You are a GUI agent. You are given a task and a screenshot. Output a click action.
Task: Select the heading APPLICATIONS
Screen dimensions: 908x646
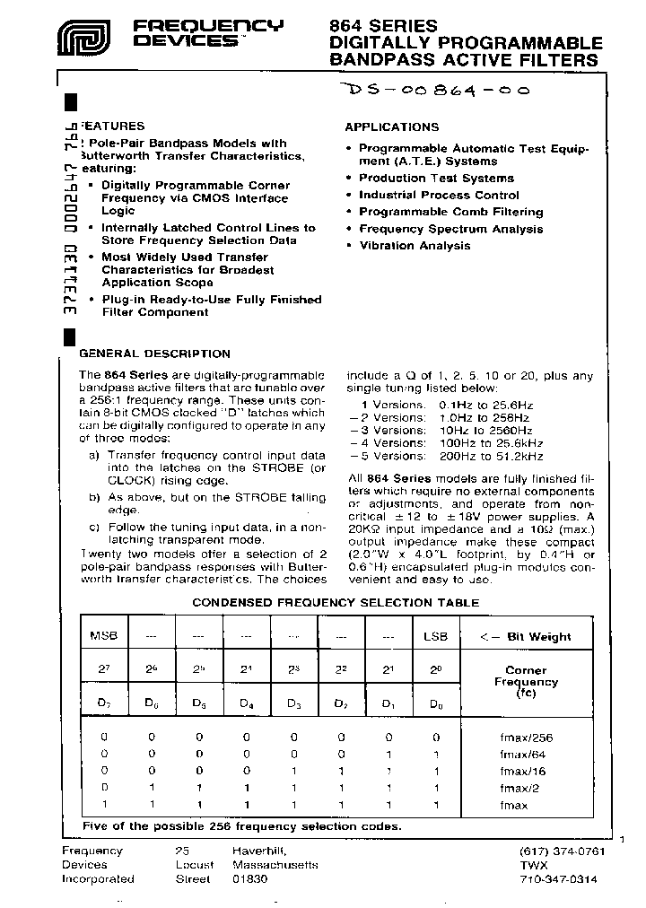pyautogui.click(x=391, y=127)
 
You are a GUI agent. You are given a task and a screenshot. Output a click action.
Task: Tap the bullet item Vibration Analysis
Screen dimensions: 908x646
pyautogui.click(x=415, y=246)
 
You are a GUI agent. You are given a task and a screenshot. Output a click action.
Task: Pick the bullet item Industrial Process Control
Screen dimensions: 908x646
pyautogui.click(x=439, y=195)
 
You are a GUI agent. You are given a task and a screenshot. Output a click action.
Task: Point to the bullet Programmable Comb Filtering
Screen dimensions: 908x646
pyautogui.click(x=450, y=212)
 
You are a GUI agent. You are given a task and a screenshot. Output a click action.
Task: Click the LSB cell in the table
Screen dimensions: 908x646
pyautogui.click(x=435, y=636)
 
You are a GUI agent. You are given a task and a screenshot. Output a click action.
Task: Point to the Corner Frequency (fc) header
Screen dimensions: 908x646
pyautogui.click(x=525, y=682)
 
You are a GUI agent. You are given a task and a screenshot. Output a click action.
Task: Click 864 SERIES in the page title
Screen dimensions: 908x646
pyautogui.click(x=384, y=26)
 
